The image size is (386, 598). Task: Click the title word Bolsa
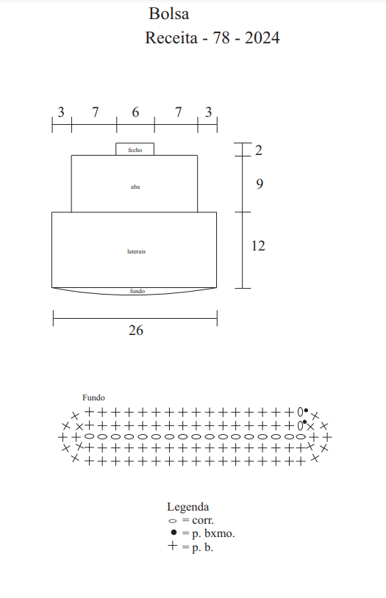point(169,14)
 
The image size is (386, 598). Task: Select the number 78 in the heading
point(221,37)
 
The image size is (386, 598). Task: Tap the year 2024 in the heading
point(262,37)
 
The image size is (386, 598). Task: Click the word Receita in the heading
point(171,37)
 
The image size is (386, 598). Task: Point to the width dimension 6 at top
point(135,112)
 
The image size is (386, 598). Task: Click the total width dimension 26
point(136,331)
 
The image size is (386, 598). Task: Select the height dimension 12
point(258,245)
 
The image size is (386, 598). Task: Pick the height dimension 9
point(260,184)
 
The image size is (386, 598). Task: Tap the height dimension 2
point(259,151)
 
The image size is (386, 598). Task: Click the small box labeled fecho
point(135,149)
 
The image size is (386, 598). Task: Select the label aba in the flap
point(135,187)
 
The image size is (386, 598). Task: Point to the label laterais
point(136,251)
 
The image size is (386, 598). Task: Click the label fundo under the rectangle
point(137,291)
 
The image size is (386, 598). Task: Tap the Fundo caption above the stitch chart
point(93,397)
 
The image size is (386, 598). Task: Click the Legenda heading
point(187,507)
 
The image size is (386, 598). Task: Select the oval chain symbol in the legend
point(173,521)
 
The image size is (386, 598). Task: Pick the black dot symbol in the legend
point(174,533)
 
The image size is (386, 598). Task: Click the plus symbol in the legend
point(173,546)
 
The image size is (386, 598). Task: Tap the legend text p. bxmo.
point(213,533)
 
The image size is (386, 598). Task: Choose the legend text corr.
point(203,520)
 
